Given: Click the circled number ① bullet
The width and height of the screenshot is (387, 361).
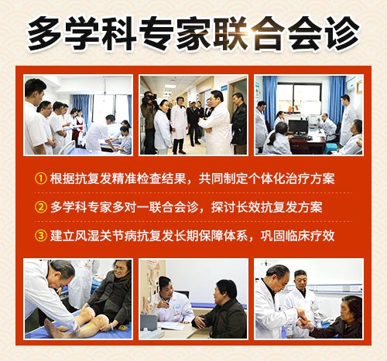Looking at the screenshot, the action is (x=40, y=179).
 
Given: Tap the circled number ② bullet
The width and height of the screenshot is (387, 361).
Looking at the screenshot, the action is (x=40, y=207).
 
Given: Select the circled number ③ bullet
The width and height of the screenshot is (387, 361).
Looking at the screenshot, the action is (x=40, y=236).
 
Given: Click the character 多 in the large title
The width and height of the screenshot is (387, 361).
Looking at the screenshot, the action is (x=44, y=33).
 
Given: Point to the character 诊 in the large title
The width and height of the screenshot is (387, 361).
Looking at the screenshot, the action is (x=343, y=33).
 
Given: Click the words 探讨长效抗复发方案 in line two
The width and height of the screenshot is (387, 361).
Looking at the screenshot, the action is (x=266, y=207).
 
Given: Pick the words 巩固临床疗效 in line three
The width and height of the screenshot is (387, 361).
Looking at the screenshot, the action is (x=297, y=236).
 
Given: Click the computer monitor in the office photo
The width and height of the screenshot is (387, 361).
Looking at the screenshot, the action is (x=298, y=128).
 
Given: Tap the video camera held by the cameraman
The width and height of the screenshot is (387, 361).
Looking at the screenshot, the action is (x=149, y=98).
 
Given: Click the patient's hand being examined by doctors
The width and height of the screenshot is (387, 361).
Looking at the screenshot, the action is (x=303, y=319).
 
